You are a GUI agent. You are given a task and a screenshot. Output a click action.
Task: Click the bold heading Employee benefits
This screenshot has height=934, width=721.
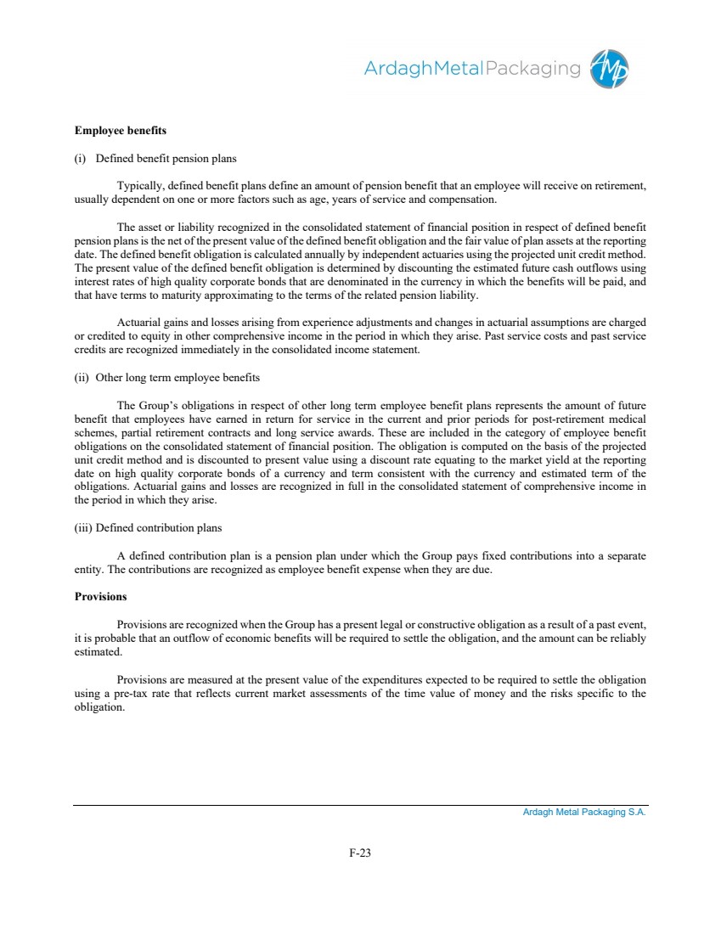tap(121, 131)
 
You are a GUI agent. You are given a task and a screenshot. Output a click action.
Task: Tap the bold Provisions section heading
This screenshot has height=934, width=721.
tap(100, 597)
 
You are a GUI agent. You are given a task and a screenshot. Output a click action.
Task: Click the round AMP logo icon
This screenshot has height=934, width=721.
tap(611, 67)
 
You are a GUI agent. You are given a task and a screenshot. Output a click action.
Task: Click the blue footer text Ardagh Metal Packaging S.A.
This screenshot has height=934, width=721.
tap(584, 813)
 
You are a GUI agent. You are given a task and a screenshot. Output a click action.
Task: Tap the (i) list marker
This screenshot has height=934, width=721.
tap(81, 158)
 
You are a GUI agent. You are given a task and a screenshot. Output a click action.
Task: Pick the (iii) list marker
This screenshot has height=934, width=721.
tap(83, 528)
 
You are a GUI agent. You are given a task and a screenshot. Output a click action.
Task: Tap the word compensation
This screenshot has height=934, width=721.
tap(462, 200)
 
